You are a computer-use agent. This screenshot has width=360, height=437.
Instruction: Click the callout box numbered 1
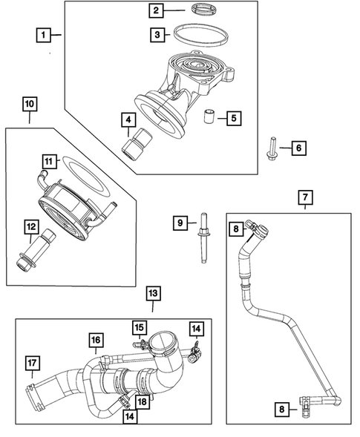click(x=45, y=35)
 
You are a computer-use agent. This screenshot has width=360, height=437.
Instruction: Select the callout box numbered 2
click(x=156, y=10)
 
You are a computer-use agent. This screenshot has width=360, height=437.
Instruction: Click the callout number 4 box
click(x=128, y=119)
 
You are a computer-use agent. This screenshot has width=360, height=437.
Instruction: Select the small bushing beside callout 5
click(x=211, y=116)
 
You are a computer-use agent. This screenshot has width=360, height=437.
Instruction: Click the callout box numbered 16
click(x=96, y=340)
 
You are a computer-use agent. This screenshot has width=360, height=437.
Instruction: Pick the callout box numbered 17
click(x=31, y=363)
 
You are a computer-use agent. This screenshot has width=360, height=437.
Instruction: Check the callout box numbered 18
click(x=142, y=401)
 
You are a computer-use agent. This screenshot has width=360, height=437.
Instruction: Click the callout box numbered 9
click(x=179, y=221)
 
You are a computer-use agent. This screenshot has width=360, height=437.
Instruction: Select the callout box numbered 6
click(x=297, y=149)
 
